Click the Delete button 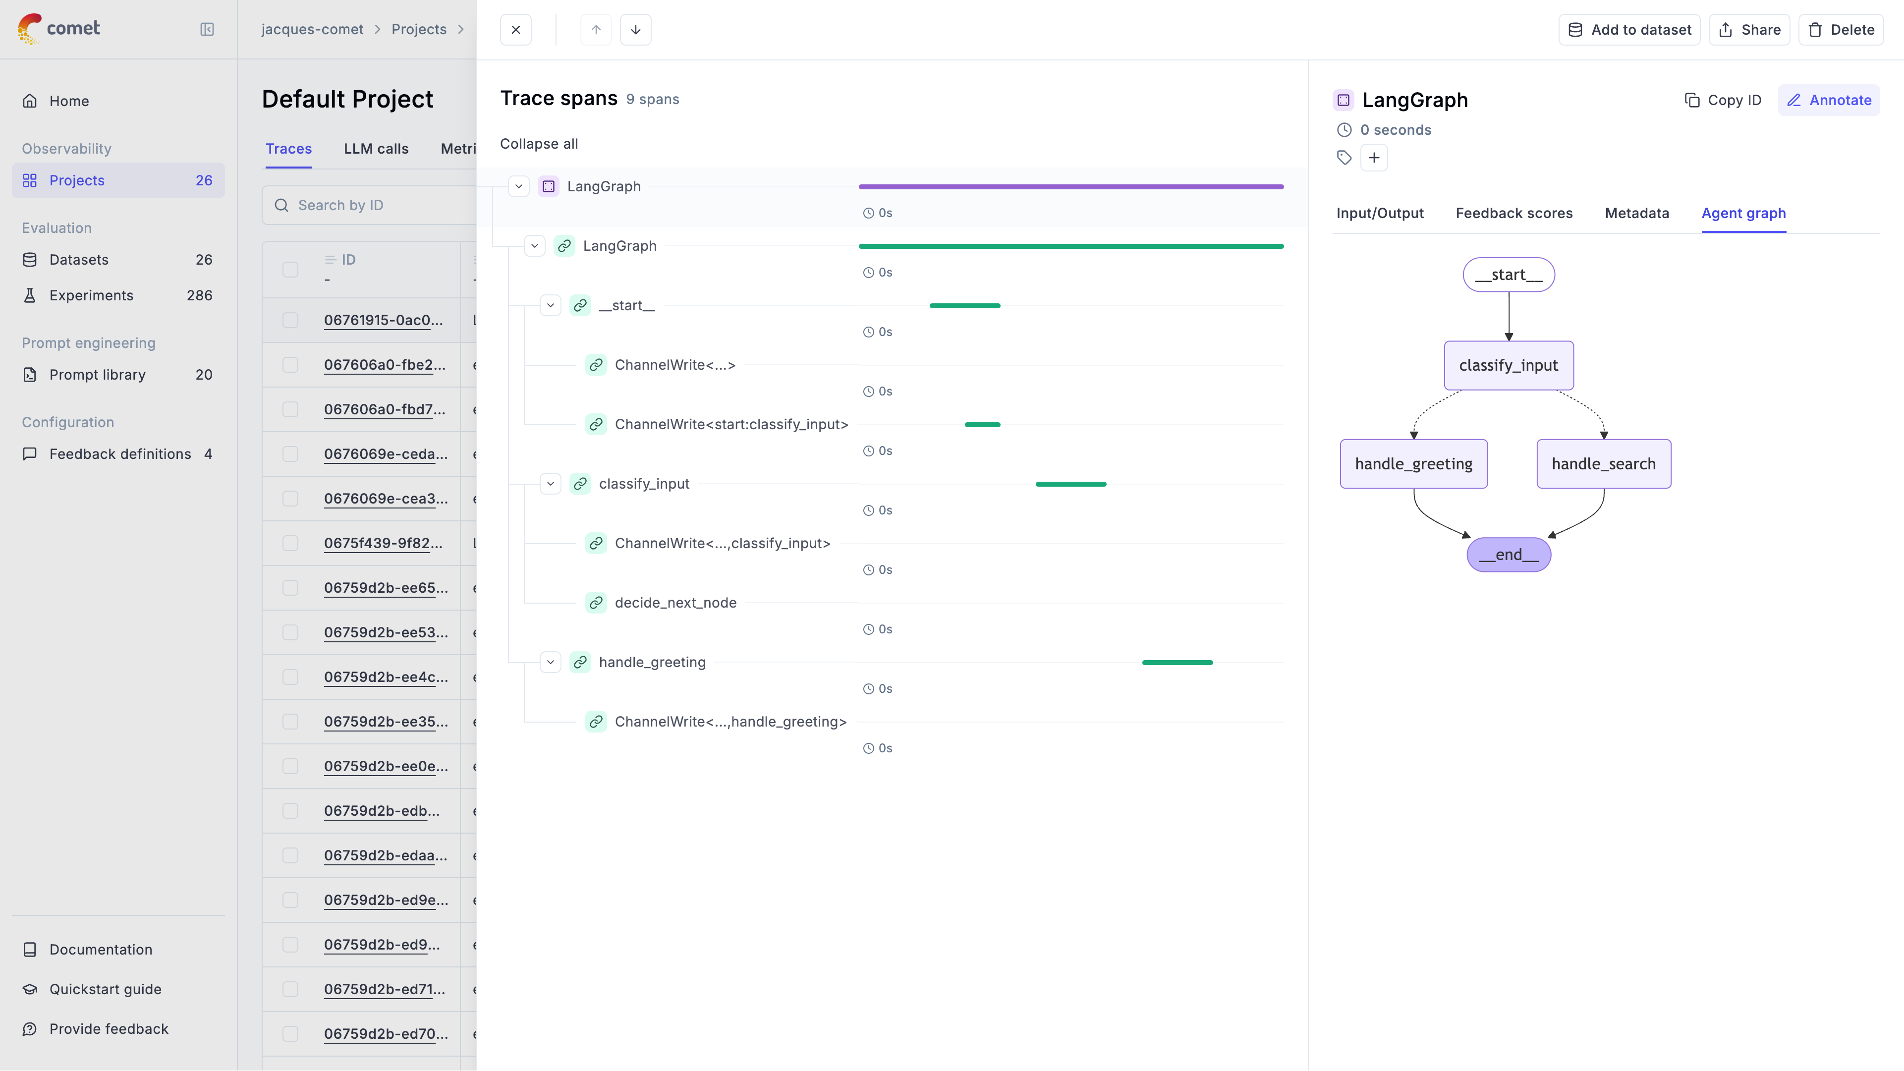(1841, 30)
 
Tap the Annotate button (1829, 100)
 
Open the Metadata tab (1636, 213)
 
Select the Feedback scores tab (1514, 213)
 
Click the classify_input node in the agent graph (1508, 365)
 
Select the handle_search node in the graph (1603, 463)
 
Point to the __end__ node (1508, 555)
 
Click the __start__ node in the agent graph (1508, 274)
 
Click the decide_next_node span (675, 602)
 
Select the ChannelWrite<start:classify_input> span (731, 424)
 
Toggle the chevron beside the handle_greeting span (551, 662)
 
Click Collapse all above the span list (539, 143)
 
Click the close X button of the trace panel (516, 30)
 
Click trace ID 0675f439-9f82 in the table (383, 543)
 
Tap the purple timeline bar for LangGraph (1070, 187)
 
